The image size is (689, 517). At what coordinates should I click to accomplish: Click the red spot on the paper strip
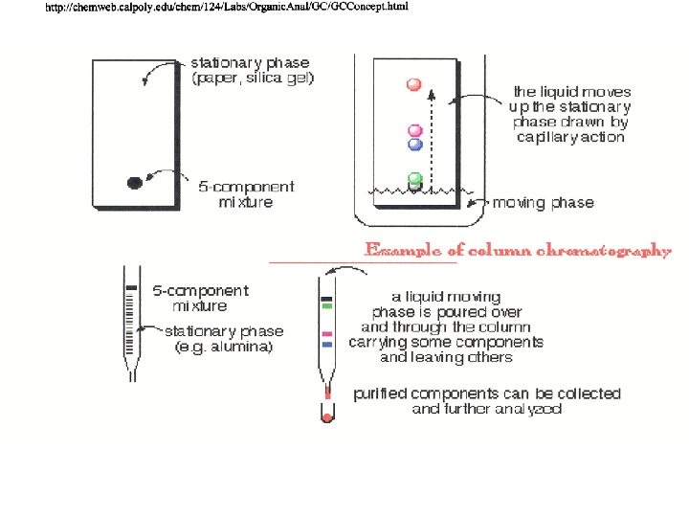click(414, 85)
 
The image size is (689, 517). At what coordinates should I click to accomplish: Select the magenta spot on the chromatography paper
click(415, 131)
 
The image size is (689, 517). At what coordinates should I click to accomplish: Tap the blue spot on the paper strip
click(415, 145)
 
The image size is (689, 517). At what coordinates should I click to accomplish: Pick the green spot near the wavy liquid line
click(415, 178)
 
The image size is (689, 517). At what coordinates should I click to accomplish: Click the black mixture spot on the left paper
click(136, 182)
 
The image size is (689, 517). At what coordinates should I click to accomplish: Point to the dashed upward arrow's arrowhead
click(432, 94)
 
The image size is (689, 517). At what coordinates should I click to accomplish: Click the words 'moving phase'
click(543, 203)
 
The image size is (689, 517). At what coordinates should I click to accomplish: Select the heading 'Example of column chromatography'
click(518, 250)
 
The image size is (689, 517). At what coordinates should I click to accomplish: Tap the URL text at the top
click(227, 8)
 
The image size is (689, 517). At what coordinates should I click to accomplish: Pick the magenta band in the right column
click(326, 333)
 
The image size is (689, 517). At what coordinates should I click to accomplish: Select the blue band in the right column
click(326, 342)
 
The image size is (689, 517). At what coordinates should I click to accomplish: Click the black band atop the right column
click(326, 300)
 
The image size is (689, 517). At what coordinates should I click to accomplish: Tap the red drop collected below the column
click(326, 418)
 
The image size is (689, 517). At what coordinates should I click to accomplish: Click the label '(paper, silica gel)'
click(254, 78)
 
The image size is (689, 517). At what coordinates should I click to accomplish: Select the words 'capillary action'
click(569, 137)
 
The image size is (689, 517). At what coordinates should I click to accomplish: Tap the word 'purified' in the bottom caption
click(382, 393)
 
